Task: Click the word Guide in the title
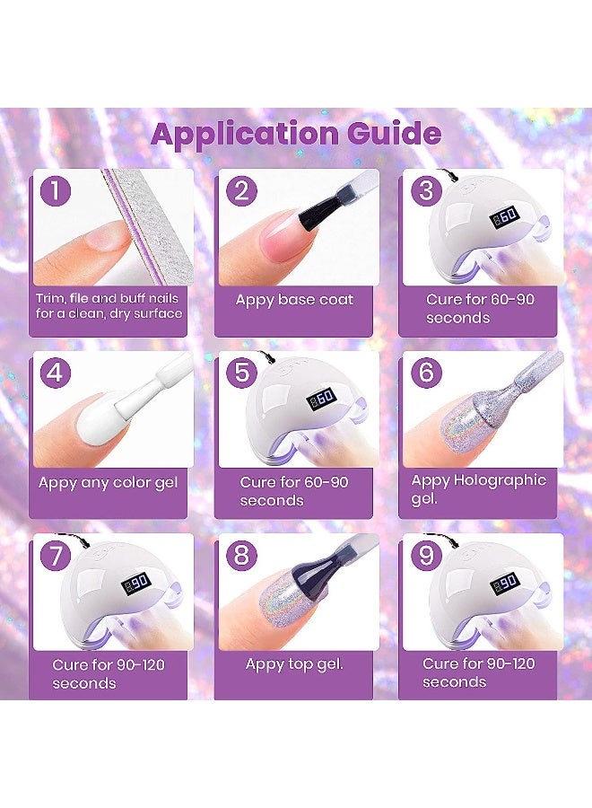(389, 134)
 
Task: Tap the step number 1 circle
(56, 190)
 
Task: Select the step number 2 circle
(239, 190)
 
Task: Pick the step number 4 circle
(56, 372)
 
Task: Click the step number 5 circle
(240, 372)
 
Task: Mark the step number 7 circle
(56, 555)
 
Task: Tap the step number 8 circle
(240, 555)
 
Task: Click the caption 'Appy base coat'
(294, 300)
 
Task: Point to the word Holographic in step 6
(499, 480)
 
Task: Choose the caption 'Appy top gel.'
(294, 664)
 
